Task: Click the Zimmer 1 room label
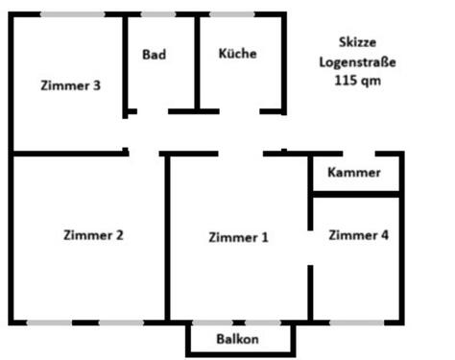pos(238,238)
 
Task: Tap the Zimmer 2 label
pos(92,234)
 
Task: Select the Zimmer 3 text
pos(72,84)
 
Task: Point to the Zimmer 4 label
pos(359,234)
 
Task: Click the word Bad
pos(154,55)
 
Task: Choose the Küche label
pos(237,54)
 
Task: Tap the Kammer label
pos(354,174)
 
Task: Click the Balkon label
pos(235,339)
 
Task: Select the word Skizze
pos(357,42)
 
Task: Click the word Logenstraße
pos(357,62)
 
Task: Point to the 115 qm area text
pos(357,83)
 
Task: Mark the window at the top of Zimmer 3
pos(73,13)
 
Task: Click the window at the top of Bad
pos(157,13)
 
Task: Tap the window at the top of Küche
pos(231,13)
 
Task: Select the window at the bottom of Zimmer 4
pos(356,323)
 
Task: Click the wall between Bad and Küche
pos(197,62)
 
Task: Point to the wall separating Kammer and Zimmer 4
pos(356,195)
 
